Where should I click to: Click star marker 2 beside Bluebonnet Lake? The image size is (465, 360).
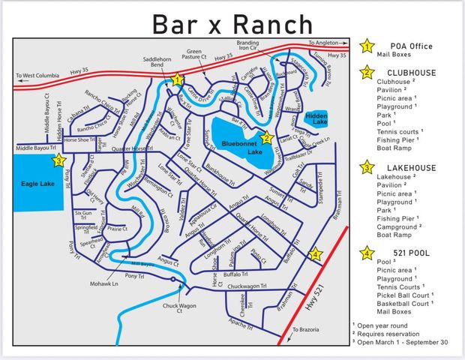[x=266, y=137]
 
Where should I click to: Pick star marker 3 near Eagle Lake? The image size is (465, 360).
[x=59, y=160]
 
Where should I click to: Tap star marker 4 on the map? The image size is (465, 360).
[x=316, y=254]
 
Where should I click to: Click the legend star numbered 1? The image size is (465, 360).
[x=367, y=46]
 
